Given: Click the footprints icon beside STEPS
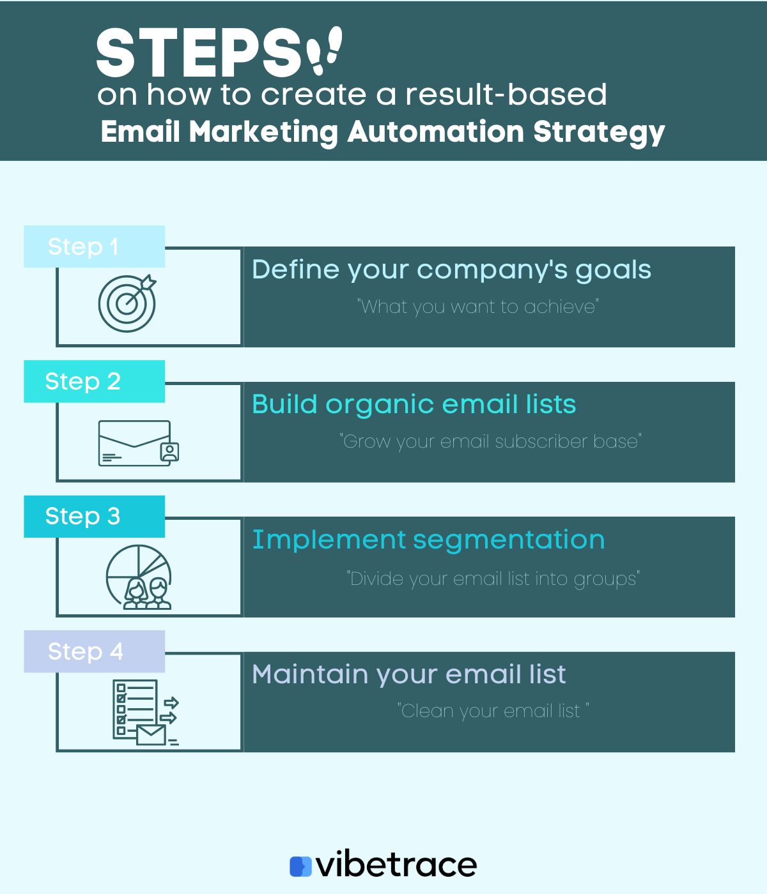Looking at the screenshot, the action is pyautogui.click(x=324, y=50).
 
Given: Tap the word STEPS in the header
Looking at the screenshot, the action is pyautogui.click(x=199, y=53).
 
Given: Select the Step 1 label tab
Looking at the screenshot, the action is pyautogui.click(x=95, y=246).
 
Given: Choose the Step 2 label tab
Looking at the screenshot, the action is pyautogui.click(x=95, y=381).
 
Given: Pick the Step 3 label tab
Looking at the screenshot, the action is pyautogui.click(x=95, y=517).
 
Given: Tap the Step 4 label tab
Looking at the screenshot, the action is pyautogui.click(x=95, y=651).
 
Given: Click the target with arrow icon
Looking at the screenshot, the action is pyautogui.click(x=127, y=303).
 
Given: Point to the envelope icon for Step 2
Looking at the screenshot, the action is pyautogui.click(x=139, y=443).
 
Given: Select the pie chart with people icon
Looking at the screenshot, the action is pyautogui.click(x=139, y=577).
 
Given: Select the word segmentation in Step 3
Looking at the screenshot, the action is pyautogui.click(x=509, y=540).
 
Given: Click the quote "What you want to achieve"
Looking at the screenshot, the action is pyautogui.click(x=478, y=307).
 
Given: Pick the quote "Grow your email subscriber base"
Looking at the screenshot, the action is pyautogui.click(x=490, y=442).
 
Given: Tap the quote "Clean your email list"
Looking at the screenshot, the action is pyautogui.click(x=493, y=711).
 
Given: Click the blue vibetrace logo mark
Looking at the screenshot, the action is pyautogui.click(x=300, y=867).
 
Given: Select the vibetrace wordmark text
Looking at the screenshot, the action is pyautogui.click(x=396, y=864).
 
